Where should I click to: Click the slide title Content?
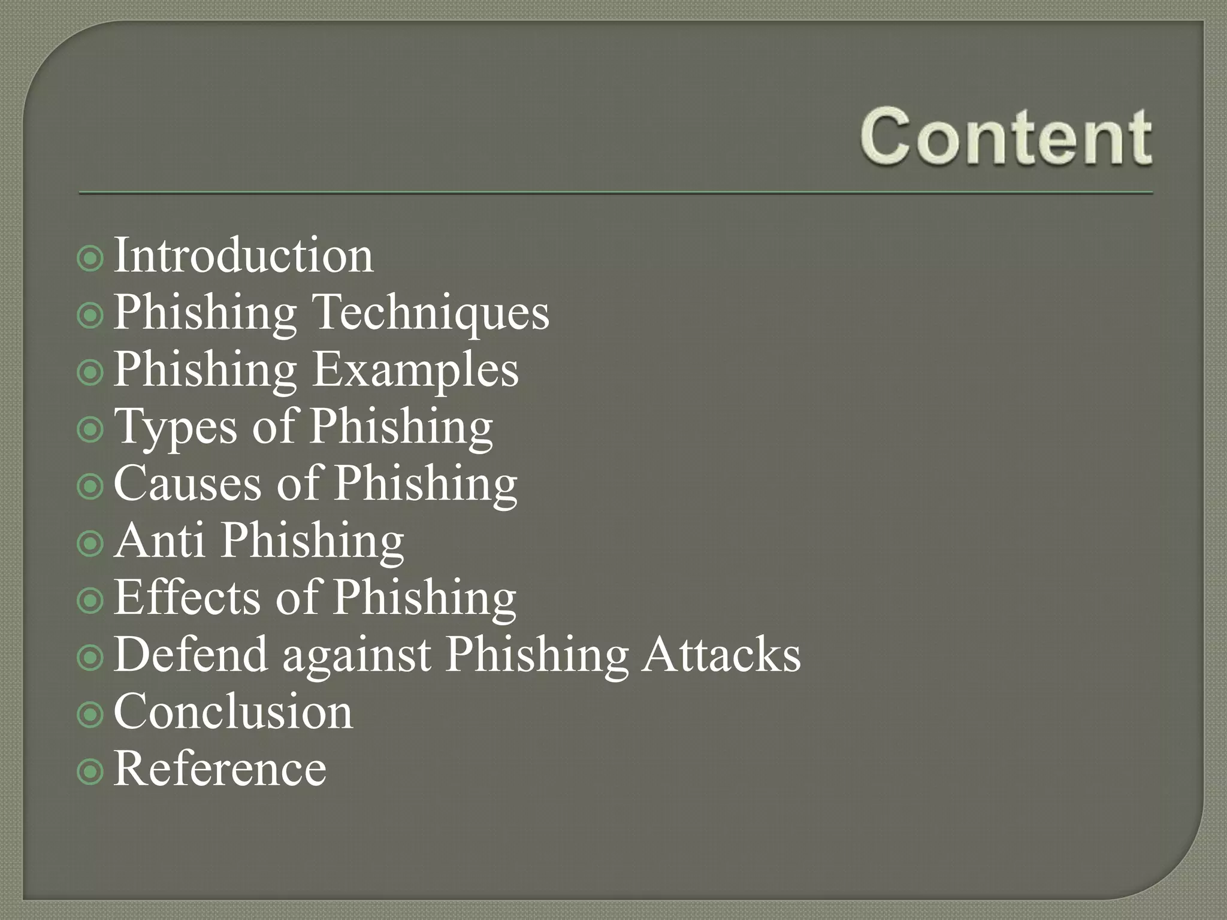coord(1006,137)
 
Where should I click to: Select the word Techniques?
coord(431,312)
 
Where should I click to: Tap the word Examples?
coord(415,370)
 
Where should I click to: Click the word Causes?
coord(187,483)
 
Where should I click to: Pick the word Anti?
coord(159,540)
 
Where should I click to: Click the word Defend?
coord(191,654)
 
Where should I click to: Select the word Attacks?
coord(721,654)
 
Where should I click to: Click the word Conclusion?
coord(234,712)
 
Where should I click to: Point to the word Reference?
coord(220,768)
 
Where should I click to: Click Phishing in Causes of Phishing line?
coord(425,485)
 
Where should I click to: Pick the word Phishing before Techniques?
coord(205,313)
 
